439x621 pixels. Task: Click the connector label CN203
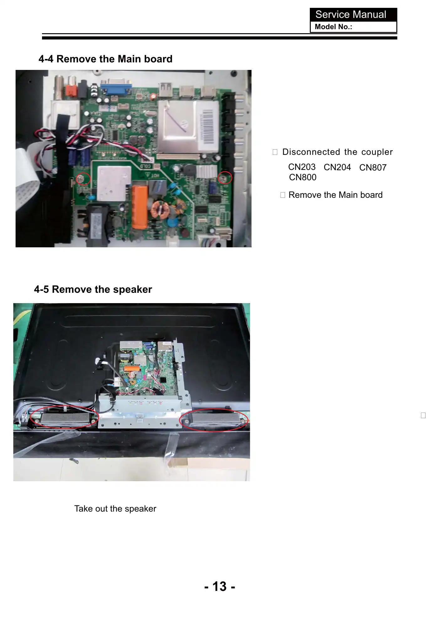pos(302,167)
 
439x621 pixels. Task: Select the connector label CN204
pos(337,167)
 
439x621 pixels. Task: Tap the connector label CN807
pos(373,168)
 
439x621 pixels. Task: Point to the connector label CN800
pos(303,177)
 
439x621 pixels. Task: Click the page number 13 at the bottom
pos(219,586)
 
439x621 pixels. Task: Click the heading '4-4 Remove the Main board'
pos(105,59)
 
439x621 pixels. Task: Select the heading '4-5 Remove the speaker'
pos(93,289)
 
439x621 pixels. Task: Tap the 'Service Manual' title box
pos(353,14)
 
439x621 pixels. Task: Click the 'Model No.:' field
pos(353,27)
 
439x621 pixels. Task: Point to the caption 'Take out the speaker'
pos(115,508)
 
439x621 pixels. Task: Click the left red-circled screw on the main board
pos(81,179)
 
